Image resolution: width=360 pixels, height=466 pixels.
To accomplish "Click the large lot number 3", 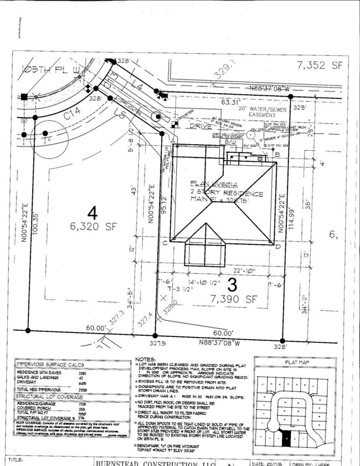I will [233, 285].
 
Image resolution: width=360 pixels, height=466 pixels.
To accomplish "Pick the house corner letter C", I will [165, 243].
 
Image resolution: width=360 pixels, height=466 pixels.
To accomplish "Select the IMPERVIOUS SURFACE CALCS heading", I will [50, 365].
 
